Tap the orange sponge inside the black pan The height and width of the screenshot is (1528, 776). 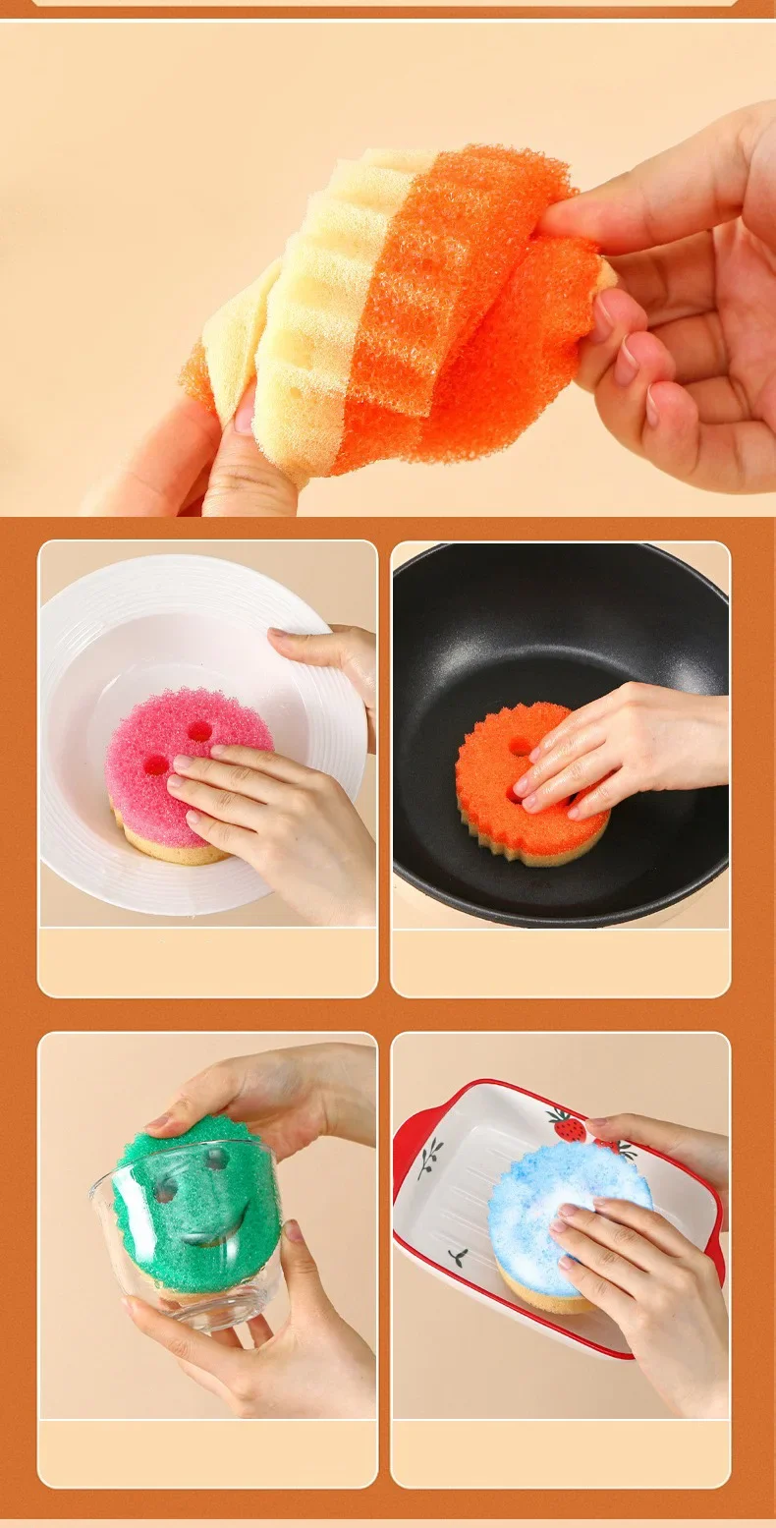pyautogui.click(x=486, y=786)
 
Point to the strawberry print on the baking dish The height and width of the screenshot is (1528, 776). pyautogui.click(x=567, y=1125)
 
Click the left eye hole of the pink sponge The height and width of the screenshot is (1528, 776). pyautogui.click(x=156, y=764)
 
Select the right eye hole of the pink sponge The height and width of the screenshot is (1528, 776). pyautogui.click(x=199, y=731)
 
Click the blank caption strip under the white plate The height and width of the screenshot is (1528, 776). pyautogui.click(x=207, y=961)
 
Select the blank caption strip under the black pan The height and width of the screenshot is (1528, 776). pyautogui.click(x=560, y=961)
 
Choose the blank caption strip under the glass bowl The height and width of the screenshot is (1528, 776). pyautogui.click(x=207, y=1452)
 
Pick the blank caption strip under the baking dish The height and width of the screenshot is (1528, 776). pyautogui.click(x=560, y=1452)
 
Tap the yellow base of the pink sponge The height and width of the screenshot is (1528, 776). pyautogui.click(x=167, y=850)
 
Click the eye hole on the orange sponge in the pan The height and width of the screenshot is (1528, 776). pyautogui.click(x=521, y=747)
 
